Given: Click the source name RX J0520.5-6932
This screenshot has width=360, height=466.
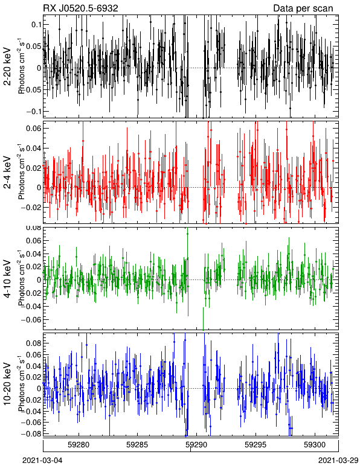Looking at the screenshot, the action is pos(80,8).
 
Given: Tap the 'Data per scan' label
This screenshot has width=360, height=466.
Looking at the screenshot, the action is pos(303,8).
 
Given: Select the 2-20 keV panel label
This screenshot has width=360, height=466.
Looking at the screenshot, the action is pos(7,66).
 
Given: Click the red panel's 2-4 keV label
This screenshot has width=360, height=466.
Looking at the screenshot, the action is pos(7,173).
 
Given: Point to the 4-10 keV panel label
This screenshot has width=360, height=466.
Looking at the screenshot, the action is pos(7,279).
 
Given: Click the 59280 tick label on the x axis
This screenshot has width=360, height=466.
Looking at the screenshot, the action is pos(79,445).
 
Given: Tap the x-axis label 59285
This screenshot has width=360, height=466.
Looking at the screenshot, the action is pos(137,445).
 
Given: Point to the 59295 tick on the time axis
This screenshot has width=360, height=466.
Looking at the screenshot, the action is pos(256,445).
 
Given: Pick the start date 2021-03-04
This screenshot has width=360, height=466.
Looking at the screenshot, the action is pos(42,461).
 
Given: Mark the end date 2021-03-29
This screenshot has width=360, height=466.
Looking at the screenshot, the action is pos(338,461).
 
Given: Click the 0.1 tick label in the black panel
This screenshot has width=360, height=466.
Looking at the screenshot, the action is pos(36,24).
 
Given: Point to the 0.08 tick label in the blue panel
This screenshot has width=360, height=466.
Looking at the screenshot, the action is pos(34,343).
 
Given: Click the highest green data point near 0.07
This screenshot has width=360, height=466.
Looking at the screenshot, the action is pos(187,234).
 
